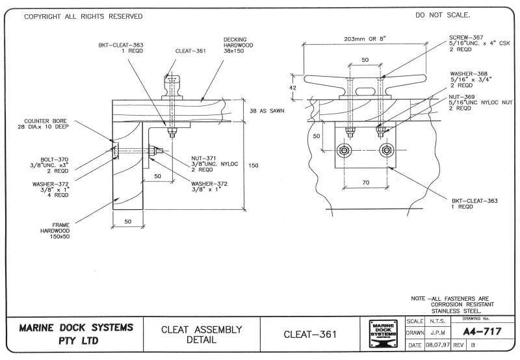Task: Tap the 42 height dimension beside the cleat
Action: point(292,86)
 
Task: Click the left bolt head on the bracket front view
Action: point(343,151)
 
